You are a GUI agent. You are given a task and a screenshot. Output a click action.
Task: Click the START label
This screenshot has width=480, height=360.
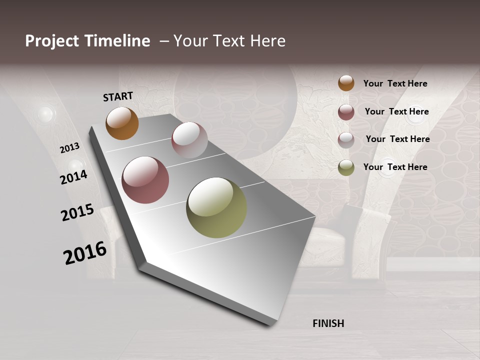(118, 96)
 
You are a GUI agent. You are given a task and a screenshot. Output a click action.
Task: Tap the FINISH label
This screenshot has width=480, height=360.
(328, 323)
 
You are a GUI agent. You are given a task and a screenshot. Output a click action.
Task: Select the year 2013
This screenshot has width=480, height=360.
(69, 148)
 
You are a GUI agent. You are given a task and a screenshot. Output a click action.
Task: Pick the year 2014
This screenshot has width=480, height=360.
(73, 177)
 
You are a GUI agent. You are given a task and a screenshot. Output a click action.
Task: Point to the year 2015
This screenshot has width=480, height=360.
(77, 212)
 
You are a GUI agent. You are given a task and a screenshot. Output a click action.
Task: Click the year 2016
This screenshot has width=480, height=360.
(85, 253)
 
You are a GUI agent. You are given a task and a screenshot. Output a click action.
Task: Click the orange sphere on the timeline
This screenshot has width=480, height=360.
(122, 123)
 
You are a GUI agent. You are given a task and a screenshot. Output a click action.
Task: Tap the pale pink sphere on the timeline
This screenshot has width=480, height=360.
(189, 140)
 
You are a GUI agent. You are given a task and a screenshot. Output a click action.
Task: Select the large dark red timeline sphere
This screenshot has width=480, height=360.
(145, 180)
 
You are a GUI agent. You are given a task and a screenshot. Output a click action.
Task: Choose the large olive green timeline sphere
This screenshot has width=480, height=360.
(216, 207)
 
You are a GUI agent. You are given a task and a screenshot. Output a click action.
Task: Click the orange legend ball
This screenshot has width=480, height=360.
(346, 83)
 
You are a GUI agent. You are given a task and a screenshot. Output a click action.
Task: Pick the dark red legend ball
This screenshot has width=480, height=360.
(346, 112)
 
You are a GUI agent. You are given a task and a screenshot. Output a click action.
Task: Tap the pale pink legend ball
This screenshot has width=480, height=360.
(346, 140)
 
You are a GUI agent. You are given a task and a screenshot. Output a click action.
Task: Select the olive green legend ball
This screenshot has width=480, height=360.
(346, 167)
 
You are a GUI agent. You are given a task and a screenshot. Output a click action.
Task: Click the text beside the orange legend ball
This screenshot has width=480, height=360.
(395, 83)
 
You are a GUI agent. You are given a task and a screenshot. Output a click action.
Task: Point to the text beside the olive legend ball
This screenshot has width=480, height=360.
(395, 167)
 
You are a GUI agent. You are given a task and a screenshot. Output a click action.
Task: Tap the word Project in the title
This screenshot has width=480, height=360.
(52, 41)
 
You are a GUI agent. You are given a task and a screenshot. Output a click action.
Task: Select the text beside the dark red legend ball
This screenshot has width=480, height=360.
(396, 111)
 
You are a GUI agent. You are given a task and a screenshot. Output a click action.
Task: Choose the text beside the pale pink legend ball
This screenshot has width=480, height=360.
(397, 139)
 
